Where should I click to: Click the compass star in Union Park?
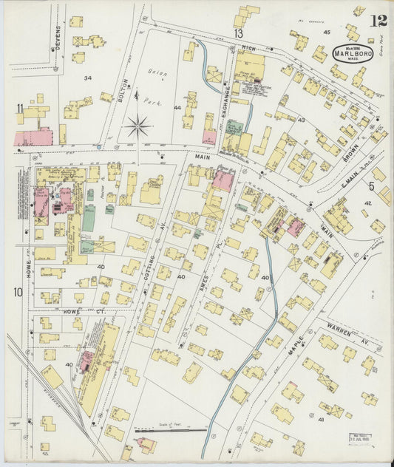pos(137,125)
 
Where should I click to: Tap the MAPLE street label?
pos(295,348)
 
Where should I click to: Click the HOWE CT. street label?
pos(71,313)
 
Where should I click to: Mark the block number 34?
pos(88,78)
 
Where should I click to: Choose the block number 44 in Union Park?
pos(177,108)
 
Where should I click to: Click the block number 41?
pos(321,419)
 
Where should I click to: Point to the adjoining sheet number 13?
pos(239,34)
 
